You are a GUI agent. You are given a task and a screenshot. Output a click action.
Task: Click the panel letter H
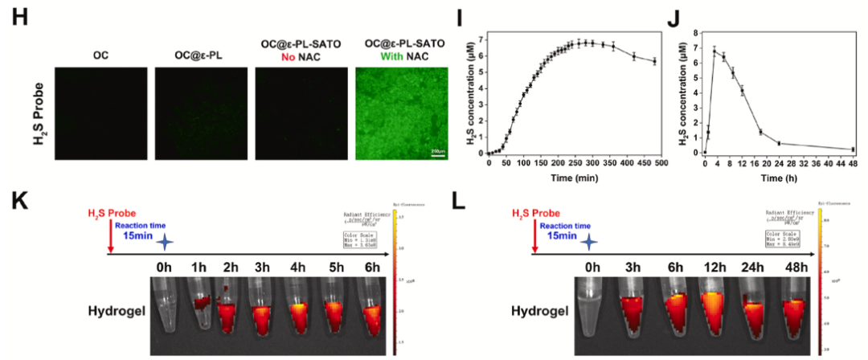18,18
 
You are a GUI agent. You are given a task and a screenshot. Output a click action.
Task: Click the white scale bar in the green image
438,153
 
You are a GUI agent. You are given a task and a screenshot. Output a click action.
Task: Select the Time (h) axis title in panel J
773,176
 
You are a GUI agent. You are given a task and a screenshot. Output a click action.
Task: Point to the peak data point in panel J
714,51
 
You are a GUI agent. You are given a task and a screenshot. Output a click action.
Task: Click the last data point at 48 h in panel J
852,149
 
